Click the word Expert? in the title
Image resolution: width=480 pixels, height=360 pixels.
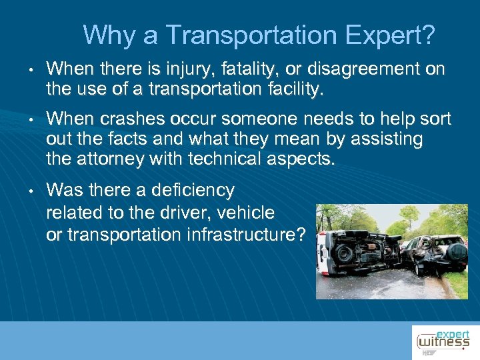pyautogui.click(x=395, y=35)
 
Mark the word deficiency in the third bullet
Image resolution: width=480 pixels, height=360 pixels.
pyautogui.click(x=193, y=191)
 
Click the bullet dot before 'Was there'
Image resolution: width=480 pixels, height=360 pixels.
pyautogui.click(x=31, y=192)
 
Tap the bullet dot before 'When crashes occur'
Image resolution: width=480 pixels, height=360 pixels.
pyautogui.click(x=31, y=121)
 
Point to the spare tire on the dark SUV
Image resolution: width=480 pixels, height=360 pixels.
pyautogui.click(x=456, y=252)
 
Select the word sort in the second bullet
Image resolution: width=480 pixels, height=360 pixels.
pyautogui.click(x=436, y=120)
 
